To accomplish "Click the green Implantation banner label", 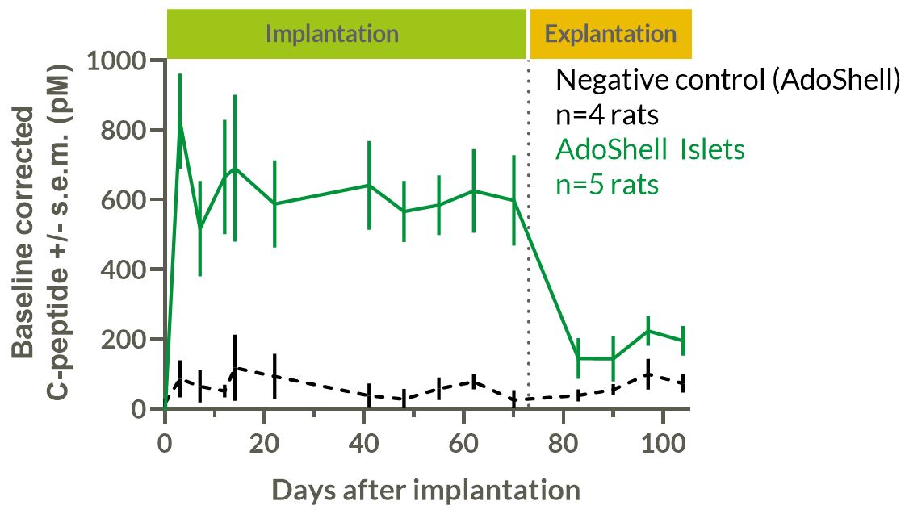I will (x=332, y=34).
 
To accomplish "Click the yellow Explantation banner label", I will (x=610, y=34).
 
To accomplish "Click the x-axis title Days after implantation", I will (x=425, y=490).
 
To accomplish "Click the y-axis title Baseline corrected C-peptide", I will (x=40, y=234).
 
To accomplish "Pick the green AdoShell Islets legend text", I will (x=650, y=149).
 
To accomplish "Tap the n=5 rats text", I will (x=607, y=184).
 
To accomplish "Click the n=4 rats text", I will (x=607, y=115).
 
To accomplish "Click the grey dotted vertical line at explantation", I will (x=529, y=242).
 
